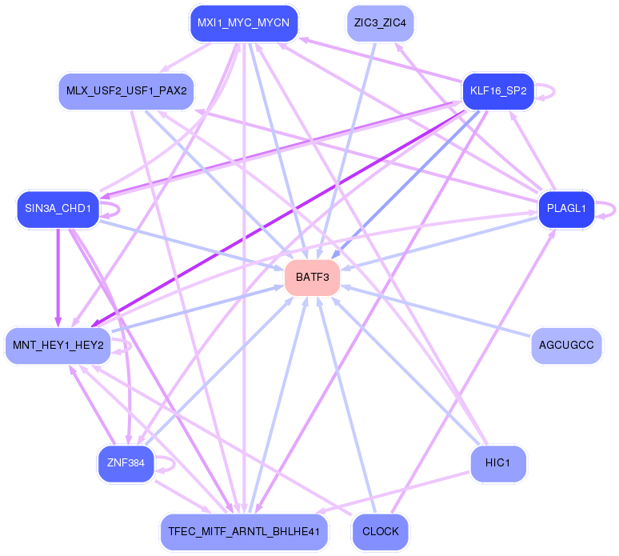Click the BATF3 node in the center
[x=312, y=278]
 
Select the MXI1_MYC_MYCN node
[x=244, y=23]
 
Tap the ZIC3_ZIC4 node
[x=380, y=23]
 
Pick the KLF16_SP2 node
[x=498, y=91]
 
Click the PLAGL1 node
[x=566, y=209]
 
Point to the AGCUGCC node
[x=566, y=346]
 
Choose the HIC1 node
[x=498, y=463]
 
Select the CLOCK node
[x=380, y=532]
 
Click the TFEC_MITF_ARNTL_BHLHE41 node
[x=244, y=532]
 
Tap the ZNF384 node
[x=126, y=463]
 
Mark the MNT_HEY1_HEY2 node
[x=58, y=346]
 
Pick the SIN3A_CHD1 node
[x=58, y=209]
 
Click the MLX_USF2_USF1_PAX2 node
[x=126, y=91]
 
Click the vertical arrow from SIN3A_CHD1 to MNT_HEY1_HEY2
[x=58, y=278]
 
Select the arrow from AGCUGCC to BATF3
[x=436, y=311]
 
